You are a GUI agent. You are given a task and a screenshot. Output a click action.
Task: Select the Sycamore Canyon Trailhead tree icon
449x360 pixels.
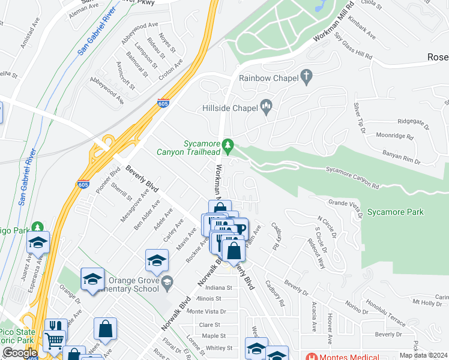(x=228, y=145)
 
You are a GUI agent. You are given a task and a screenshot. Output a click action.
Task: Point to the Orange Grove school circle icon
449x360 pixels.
(x=167, y=281)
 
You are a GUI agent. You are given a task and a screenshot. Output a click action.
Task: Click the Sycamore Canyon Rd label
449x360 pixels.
(x=352, y=178)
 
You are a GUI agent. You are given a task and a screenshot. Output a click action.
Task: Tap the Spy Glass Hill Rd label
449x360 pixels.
(x=353, y=46)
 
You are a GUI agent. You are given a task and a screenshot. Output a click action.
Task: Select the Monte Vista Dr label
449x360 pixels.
(x=206, y=311)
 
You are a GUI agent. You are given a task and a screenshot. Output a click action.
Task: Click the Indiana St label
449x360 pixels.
(x=218, y=288)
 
